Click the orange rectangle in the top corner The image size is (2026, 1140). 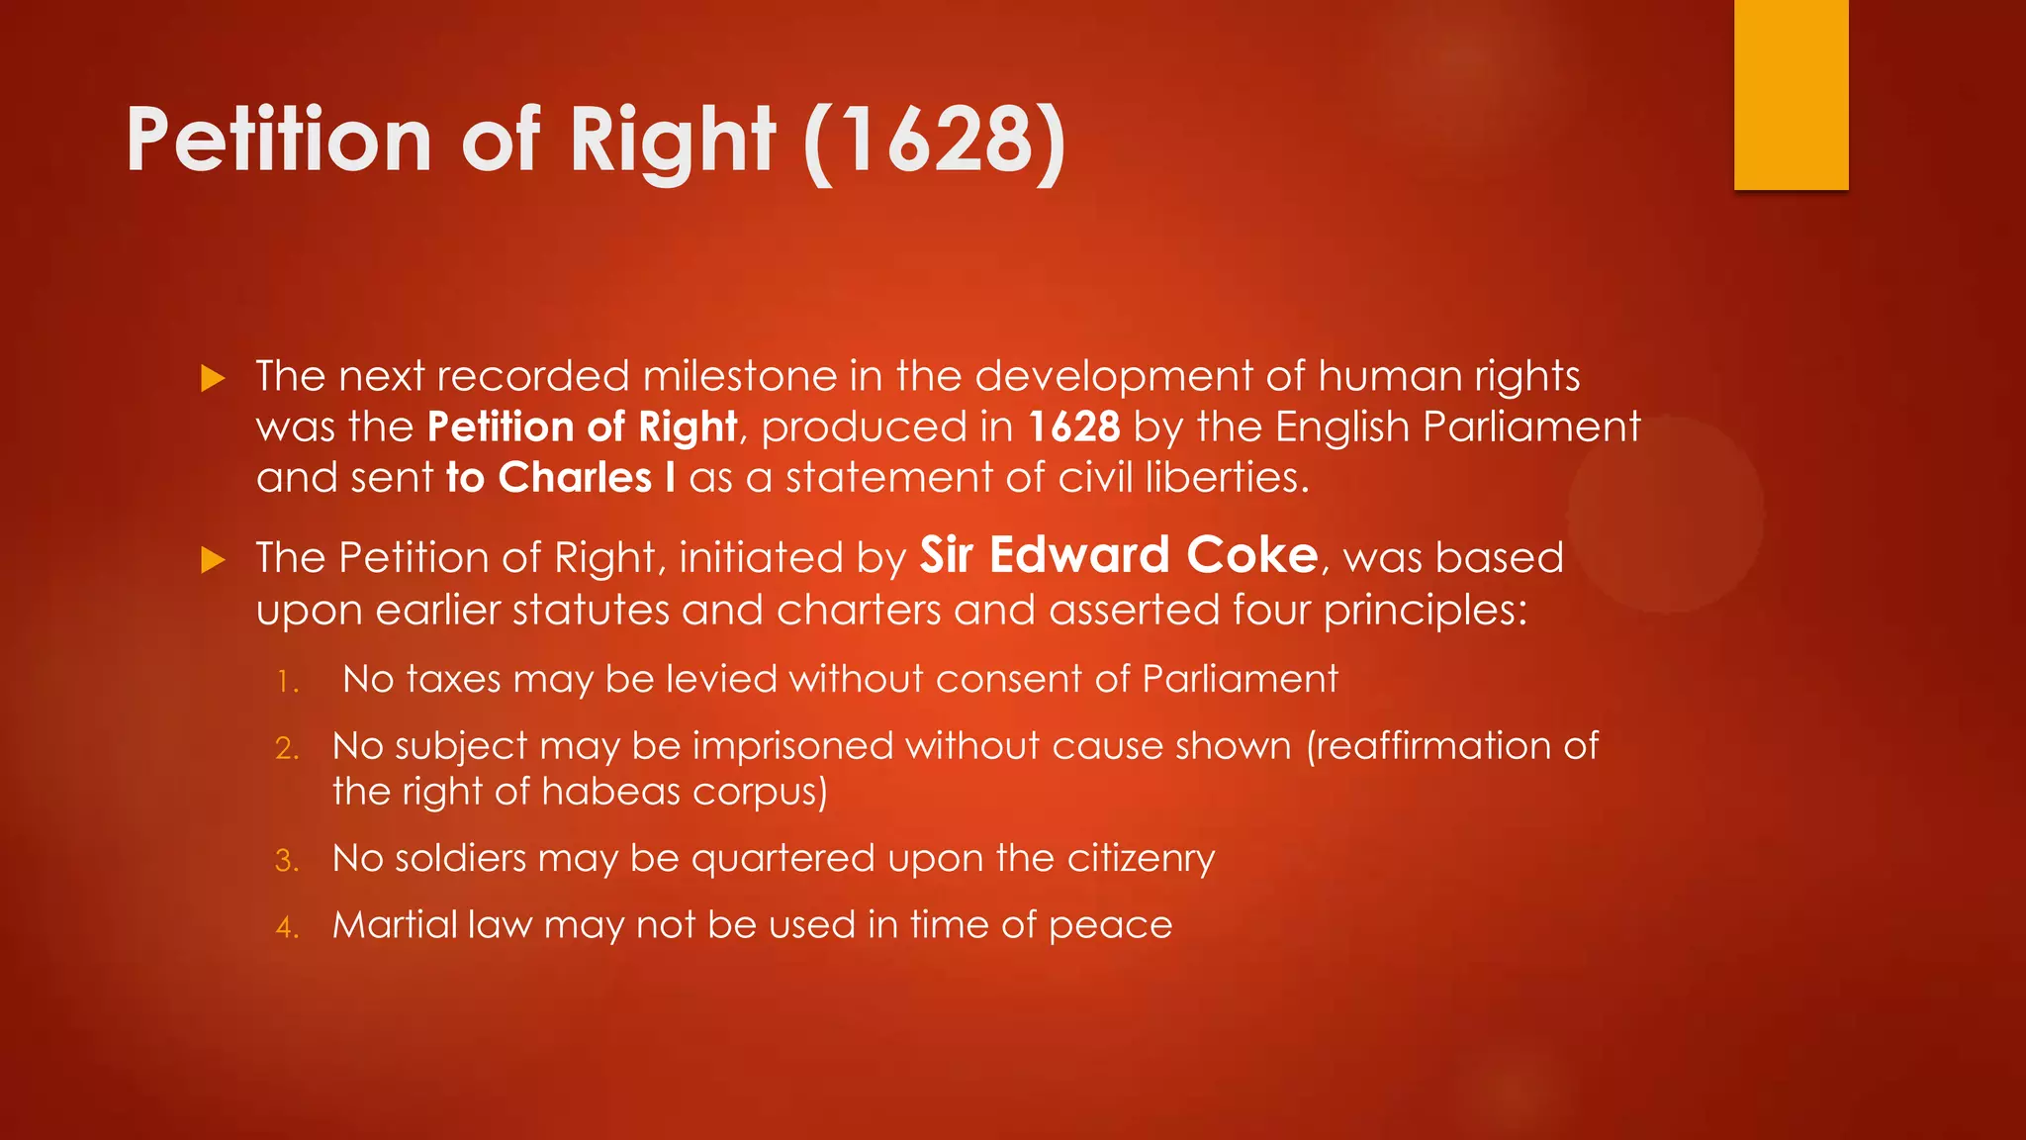tap(1791, 94)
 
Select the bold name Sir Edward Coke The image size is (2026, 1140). tap(1119, 555)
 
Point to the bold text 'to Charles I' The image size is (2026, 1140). tap(561, 478)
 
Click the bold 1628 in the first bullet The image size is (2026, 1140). tap(1074, 427)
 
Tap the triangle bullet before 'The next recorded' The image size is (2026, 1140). tap(213, 378)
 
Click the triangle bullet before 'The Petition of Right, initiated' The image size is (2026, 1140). tap(213, 560)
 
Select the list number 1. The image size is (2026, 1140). tap(287, 682)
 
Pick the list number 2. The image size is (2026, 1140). tap(287, 748)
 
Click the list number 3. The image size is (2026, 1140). tap(287, 861)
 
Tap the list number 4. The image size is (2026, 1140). tap(287, 927)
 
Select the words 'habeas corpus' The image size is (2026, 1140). tap(684, 793)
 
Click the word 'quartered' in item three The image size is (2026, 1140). tap(783, 859)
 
